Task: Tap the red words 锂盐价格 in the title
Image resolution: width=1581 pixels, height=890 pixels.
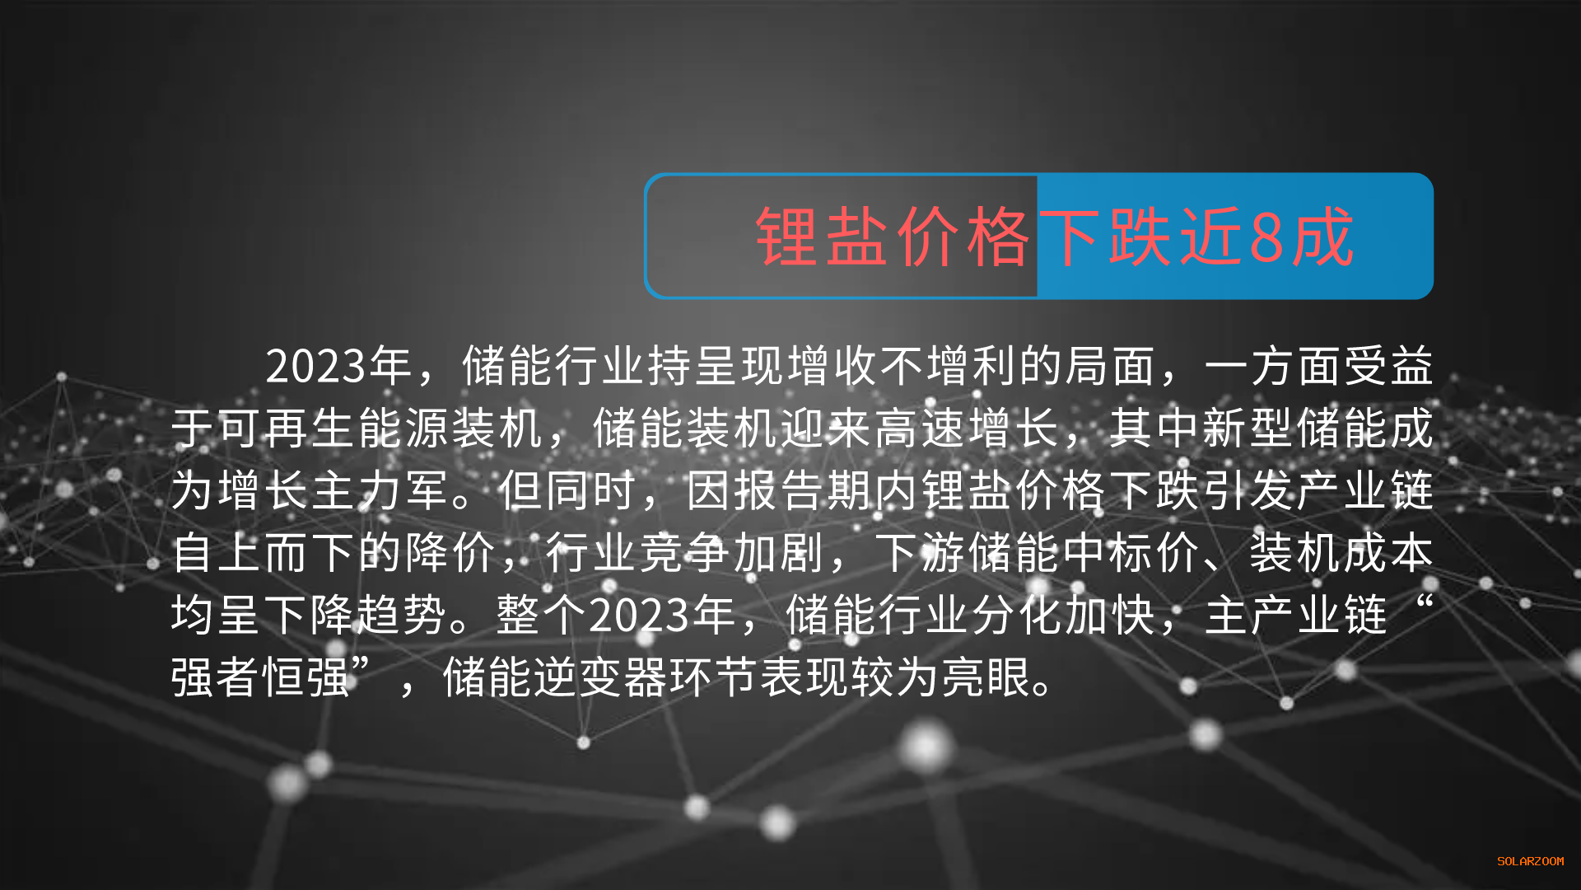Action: click(893, 237)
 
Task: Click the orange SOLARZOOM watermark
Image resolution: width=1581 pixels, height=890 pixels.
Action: click(1530, 861)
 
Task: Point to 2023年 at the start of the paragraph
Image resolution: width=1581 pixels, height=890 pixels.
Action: click(338, 366)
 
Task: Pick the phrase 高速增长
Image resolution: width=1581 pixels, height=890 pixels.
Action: click(967, 429)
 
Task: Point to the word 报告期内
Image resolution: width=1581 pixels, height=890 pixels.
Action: click(825, 491)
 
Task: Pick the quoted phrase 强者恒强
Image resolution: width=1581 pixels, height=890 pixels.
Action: click(262, 677)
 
